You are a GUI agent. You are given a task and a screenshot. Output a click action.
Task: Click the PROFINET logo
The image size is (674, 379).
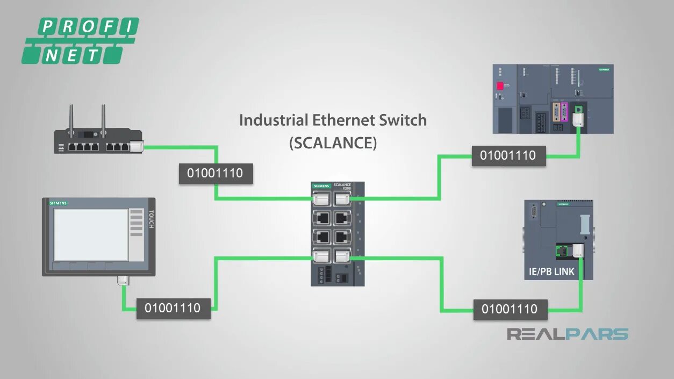[x=80, y=40]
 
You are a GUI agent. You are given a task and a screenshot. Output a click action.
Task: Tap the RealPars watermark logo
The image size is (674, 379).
[x=568, y=334]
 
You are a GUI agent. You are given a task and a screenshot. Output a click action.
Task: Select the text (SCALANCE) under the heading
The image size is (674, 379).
[x=332, y=143]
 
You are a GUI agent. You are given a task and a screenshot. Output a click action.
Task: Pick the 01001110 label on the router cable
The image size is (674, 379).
[x=216, y=174]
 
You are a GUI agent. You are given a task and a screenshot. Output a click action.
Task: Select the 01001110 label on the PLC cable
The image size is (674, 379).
[x=508, y=156]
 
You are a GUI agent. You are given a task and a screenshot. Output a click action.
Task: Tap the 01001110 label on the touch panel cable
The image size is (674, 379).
[x=173, y=309]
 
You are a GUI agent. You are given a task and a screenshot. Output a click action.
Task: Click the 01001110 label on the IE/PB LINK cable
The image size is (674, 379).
[x=510, y=310]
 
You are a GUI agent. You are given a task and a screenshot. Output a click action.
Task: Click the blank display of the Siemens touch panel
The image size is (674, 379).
[x=91, y=234]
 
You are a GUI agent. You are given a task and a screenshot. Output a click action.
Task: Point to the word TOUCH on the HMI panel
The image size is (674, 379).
[x=151, y=219]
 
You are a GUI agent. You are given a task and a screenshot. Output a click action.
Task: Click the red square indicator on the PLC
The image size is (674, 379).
[x=500, y=86]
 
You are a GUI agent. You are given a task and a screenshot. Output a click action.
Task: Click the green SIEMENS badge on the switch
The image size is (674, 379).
[x=321, y=186]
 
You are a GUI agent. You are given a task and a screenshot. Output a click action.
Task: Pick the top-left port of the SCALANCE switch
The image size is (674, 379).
[x=322, y=199]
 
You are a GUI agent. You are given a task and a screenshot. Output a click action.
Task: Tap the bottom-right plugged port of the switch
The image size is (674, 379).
[x=342, y=255]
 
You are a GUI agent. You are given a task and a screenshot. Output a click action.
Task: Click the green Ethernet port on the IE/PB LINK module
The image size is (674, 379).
[x=562, y=251]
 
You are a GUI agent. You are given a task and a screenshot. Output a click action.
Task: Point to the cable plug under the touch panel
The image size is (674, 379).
[x=123, y=280]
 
